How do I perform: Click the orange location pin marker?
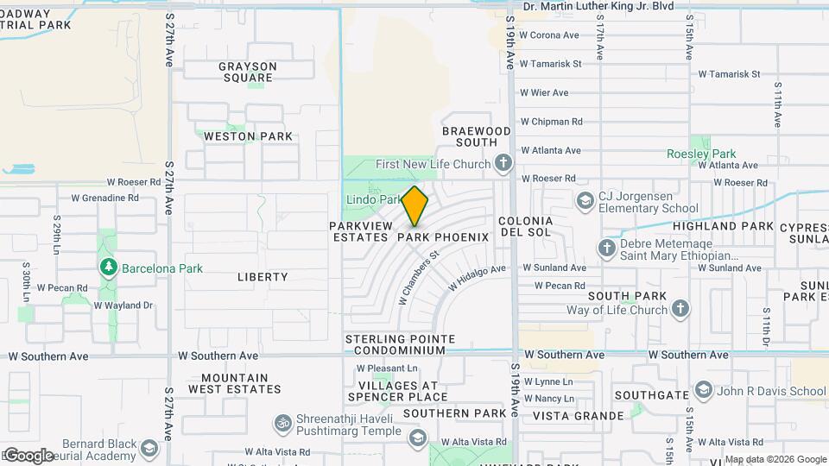point(415,206)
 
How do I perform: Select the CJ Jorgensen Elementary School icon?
point(585,200)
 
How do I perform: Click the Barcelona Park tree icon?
point(109,268)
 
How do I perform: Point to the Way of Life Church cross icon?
point(680,310)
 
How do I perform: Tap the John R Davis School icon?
point(704,391)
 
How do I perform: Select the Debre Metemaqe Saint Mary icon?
point(606,249)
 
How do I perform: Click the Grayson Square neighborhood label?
point(248,72)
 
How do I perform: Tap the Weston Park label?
point(247,136)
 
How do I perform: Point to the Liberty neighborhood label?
point(263,277)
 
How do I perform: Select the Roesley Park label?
point(701,154)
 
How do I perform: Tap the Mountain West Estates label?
point(234,384)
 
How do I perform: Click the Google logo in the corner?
point(28,455)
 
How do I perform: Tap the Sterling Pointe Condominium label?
point(396,344)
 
